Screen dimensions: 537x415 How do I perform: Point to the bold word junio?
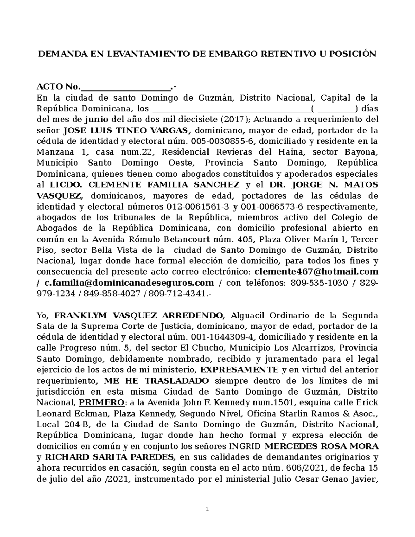[x=96, y=119]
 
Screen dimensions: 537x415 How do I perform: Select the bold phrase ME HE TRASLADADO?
[x=156, y=381]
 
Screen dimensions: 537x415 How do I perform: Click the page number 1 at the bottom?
[x=207, y=509]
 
